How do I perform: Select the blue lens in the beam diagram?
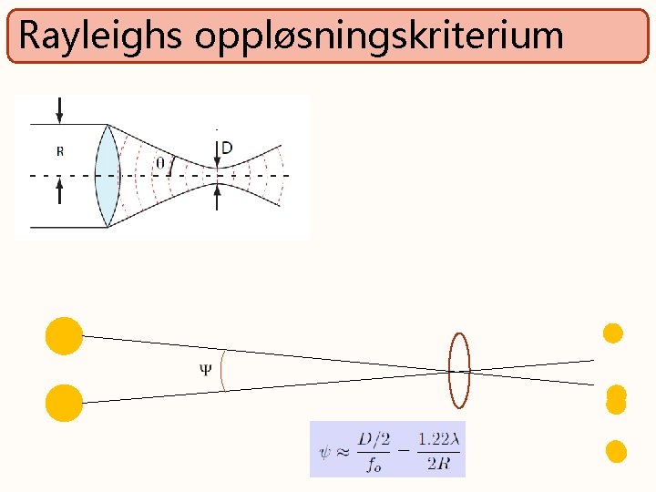(108, 175)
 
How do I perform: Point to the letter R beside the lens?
(60, 151)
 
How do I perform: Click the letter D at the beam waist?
(227, 148)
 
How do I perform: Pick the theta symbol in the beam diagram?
(160, 162)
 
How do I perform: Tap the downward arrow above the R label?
(60, 110)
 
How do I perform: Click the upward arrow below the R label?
(60, 191)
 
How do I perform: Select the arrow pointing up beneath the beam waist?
(217, 197)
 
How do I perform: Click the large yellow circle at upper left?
(64, 335)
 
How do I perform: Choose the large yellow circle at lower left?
(64, 403)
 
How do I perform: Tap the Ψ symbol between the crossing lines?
(205, 369)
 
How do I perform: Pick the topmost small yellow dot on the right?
(613, 333)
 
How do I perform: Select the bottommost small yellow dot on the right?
(616, 451)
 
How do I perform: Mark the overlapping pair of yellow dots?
(616, 400)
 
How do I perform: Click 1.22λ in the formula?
(439, 439)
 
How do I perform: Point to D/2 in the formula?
(374, 439)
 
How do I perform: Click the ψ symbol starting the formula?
(325, 449)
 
